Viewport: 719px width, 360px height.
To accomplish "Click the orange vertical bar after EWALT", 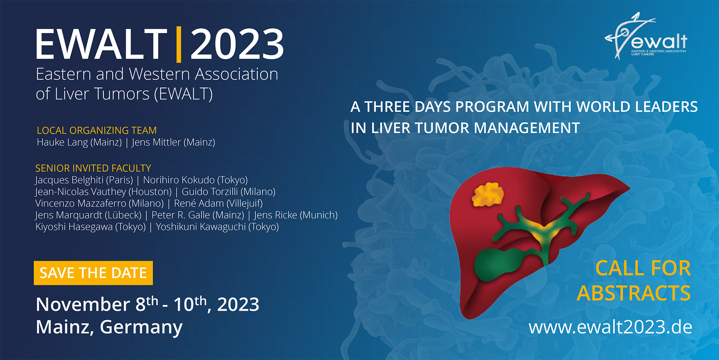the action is (179, 44).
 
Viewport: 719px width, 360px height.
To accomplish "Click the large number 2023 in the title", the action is (237, 44).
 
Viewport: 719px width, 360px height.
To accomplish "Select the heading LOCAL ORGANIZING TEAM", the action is (97, 130).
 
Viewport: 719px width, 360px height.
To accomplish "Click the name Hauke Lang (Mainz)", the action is (79, 142).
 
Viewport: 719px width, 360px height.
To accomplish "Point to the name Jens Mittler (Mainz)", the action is (173, 142).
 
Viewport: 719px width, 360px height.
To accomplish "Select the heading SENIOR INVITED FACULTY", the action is (93, 168).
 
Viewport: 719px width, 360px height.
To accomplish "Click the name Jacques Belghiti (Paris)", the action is (84, 180).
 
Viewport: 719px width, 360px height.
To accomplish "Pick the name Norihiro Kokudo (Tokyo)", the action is (195, 180).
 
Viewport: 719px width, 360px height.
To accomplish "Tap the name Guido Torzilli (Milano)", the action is (228, 192).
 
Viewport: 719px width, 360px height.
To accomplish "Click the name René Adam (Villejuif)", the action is (218, 203).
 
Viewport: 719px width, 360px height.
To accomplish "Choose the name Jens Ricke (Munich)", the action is (296, 215).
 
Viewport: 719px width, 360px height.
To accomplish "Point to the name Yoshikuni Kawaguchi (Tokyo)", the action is (217, 227).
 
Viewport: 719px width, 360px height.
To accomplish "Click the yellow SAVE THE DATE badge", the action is (93, 273).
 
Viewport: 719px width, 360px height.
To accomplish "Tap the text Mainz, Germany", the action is (109, 327).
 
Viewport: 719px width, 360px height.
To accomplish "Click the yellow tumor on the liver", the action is (488, 194).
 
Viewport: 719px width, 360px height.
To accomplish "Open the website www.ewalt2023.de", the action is (610, 327).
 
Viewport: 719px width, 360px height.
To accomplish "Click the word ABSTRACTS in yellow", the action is (634, 293).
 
